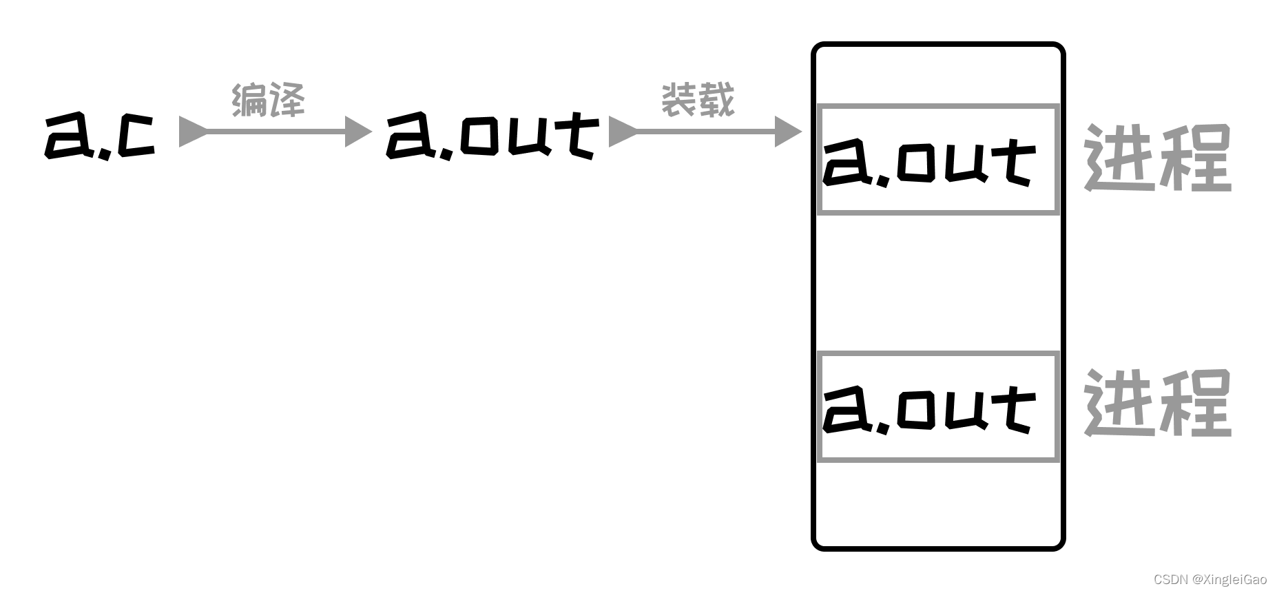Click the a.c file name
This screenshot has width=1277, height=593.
pyautogui.click(x=100, y=136)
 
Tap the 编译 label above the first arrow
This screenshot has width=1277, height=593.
pyautogui.click(x=268, y=101)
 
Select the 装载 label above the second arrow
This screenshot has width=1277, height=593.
pyautogui.click(x=698, y=101)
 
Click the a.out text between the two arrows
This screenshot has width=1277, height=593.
pyautogui.click(x=492, y=136)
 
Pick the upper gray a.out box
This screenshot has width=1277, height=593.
pyautogui.click(x=937, y=160)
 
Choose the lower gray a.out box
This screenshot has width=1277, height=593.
pyautogui.click(x=937, y=406)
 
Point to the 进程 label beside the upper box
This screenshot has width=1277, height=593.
pyautogui.click(x=1157, y=158)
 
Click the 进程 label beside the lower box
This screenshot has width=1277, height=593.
pyautogui.click(x=1157, y=403)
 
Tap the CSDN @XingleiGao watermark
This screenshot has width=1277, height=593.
pyautogui.click(x=1209, y=579)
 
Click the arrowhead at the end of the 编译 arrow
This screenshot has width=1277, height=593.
pyautogui.click(x=357, y=131)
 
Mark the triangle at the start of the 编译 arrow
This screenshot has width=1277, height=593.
pyautogui.click(x=191, y=131)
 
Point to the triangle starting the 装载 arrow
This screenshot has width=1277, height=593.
pyautogui.click(x=621, y=131)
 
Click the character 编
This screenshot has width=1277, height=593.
pyautogui.click(x=249, y=101)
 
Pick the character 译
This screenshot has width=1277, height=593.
pyautogui.click(x=287, y=101)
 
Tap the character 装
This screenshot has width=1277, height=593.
pyautogui.click(x=679, y=101)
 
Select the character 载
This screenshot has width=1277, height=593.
pyautogui.click(x=716, y=101)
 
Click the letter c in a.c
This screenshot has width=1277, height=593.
pyautogui.click(x=136, y=136)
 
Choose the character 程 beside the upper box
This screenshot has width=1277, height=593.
pyautogui.click(x=1195, y=158)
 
